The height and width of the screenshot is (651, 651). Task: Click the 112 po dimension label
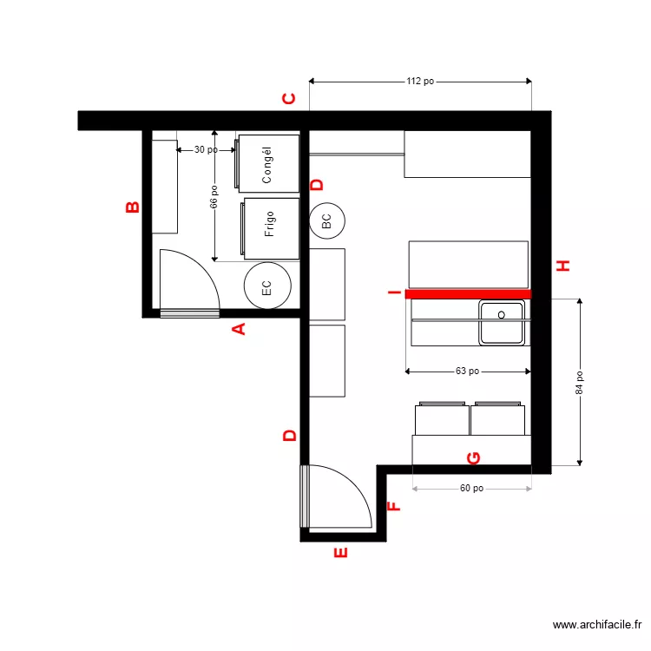[420, 82]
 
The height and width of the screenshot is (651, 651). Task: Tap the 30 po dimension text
[206, 150]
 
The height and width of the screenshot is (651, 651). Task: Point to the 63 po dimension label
[467, 372]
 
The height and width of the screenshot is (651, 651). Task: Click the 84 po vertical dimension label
[580, 383]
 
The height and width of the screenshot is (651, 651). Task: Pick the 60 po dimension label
[471, 489]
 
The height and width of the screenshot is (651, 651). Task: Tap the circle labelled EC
[266, 285]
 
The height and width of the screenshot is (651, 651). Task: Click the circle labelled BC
[326, 221]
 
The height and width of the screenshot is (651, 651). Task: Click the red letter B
[132, 207]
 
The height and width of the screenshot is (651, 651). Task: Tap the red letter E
[340, 552]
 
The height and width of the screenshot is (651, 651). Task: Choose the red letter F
[393, 506]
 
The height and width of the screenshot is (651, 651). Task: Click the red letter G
[474, 457]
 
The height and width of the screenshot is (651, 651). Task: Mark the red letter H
[563, 266]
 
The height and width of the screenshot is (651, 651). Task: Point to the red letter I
[394, 293]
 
